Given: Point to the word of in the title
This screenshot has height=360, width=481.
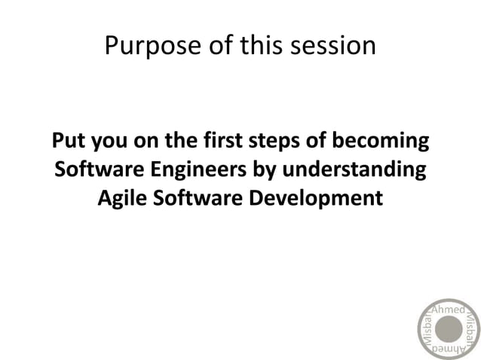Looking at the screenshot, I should click(x=218, y=46).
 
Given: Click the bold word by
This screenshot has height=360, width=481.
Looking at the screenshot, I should click(x=267, y=170).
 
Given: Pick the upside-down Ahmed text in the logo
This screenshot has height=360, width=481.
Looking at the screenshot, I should click(x=449, y=350).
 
